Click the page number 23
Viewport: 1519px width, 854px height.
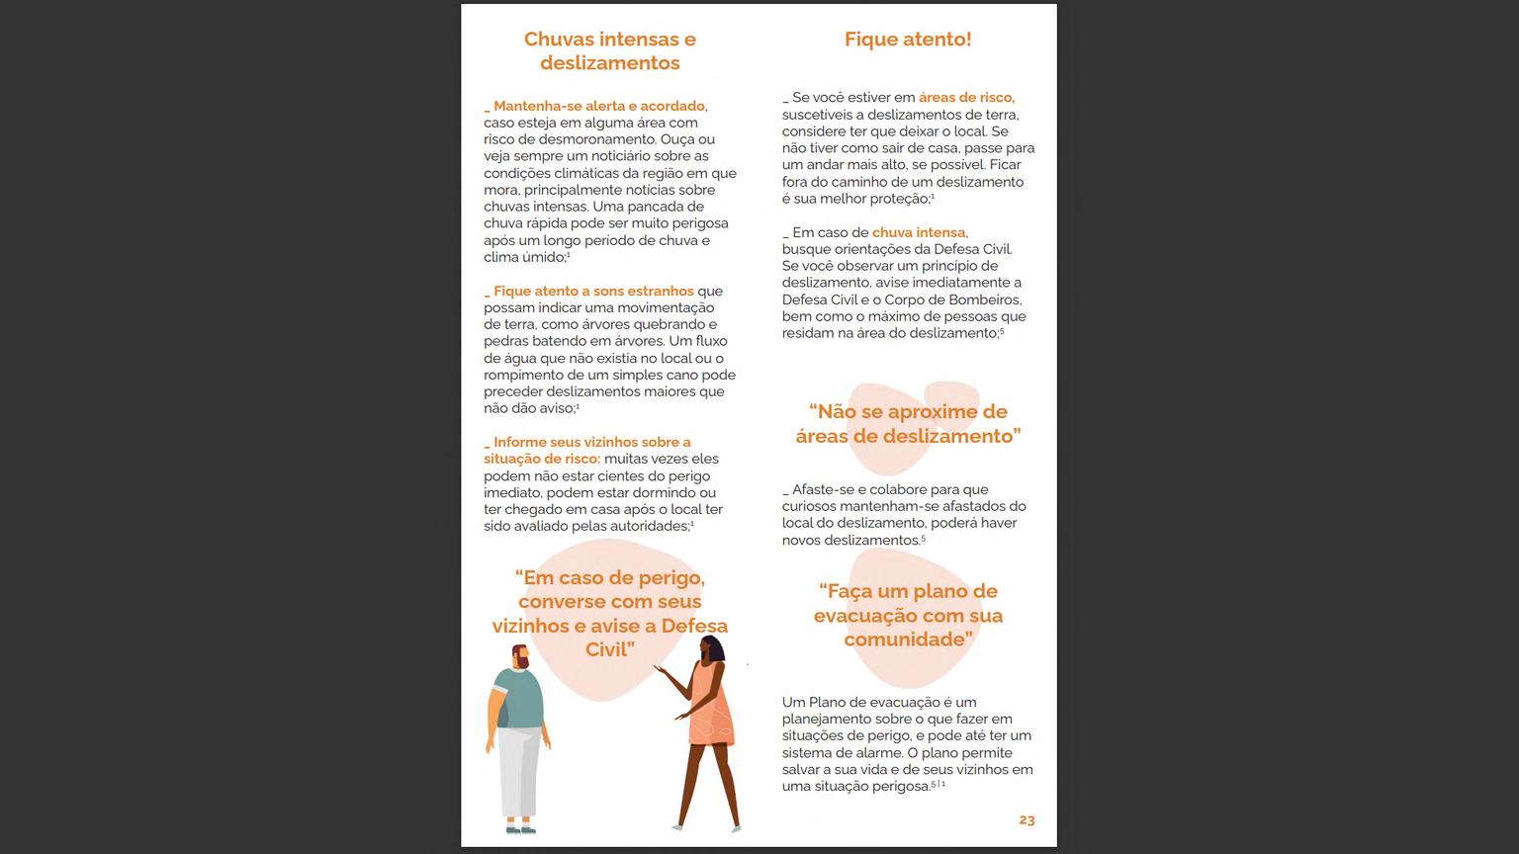point(1027,820)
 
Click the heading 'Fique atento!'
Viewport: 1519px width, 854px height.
point(907,40)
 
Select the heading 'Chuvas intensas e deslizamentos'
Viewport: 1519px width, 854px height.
point(609,51)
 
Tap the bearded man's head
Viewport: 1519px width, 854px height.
point(518,656)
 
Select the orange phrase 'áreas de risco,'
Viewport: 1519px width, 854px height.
point(966,98)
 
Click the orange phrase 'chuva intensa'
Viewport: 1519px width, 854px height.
point(919,233)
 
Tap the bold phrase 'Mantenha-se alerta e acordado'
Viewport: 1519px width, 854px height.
point(598,107)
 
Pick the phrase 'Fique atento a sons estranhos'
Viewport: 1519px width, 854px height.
point(593,292)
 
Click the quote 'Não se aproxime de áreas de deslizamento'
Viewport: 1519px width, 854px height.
point(908,424)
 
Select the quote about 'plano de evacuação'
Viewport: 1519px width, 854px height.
point(908,615)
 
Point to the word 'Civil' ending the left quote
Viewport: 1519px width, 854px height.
point(609,649)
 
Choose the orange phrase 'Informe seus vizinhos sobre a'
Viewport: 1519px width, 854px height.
point(591,443)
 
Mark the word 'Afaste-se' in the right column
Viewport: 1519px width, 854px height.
point(822,490)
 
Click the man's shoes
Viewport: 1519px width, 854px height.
point(520,827)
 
